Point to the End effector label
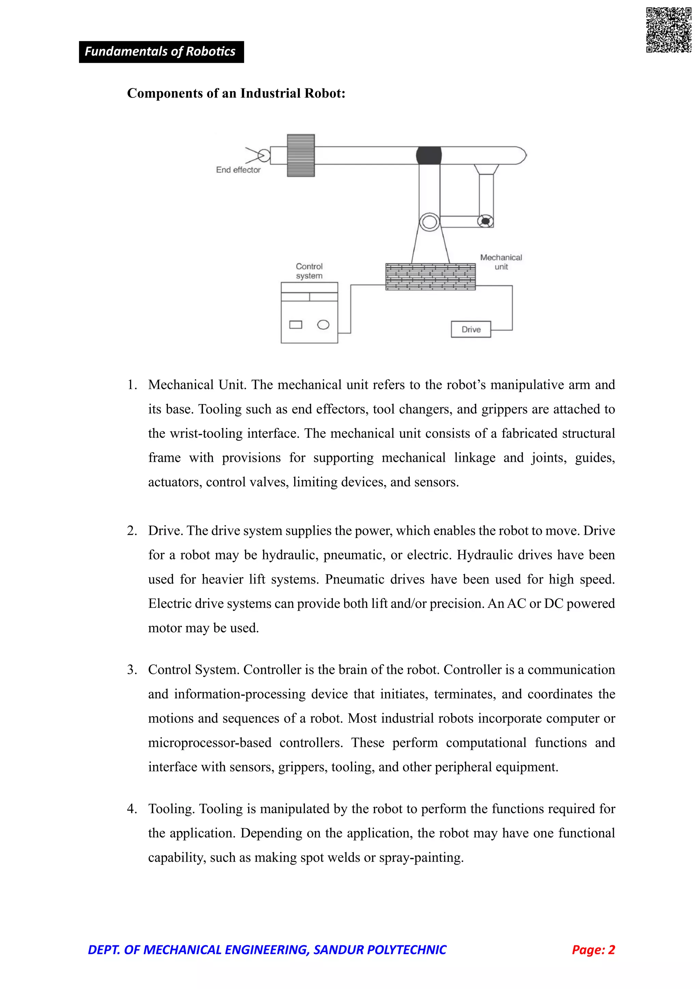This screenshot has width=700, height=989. pyautogui.click(x=238, y=170)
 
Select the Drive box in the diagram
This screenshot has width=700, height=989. pyautogui.click(x=471, y=330)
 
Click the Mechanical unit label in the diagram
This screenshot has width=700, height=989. pyautogui.click(x=501, y=262)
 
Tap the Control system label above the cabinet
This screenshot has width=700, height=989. pyautogui.click(x=309, y=271)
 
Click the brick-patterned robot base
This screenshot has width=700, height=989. pyautogui.click(x=430, y=277)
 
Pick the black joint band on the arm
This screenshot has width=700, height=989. pyautogui.click(x=429, y=155)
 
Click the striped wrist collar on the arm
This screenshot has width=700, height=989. pyautogui.click(x=301, y=155)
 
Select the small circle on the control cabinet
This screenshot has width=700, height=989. pyautogui.click(x=323, y=325)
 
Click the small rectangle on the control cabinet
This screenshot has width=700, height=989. pyautogui.click(x=296, y=325)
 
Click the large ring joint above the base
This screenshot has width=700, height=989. pyautogui.click(x=429, y=222)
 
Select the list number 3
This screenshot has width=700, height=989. pyautogui.click(x=132, y=670)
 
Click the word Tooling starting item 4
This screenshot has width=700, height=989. pyautogui.click(x=172, y=809)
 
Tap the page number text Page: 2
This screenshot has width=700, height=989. pyautogui.click(x=593, y=950)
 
